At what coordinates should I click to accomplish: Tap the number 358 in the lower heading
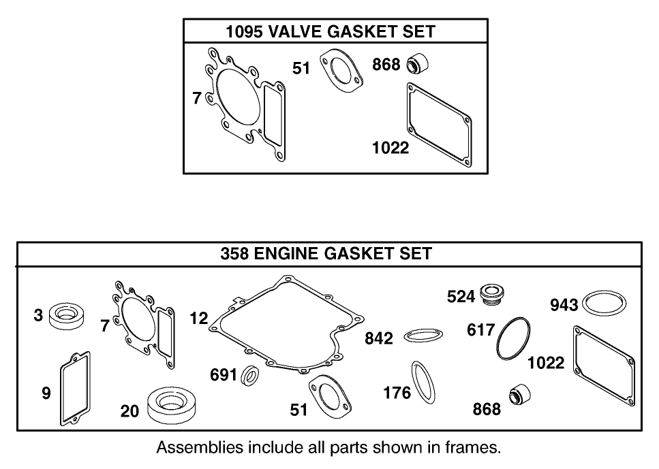(x=235, y=254)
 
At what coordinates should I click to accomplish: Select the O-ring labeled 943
(x=604, y=304)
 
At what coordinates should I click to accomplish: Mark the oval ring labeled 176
(x=424, y=382)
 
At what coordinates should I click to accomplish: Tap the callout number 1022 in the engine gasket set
(x=546, y=362)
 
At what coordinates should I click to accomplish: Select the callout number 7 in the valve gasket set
(x=196, y=99)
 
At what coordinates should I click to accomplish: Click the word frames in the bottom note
(x=471, y=448)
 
